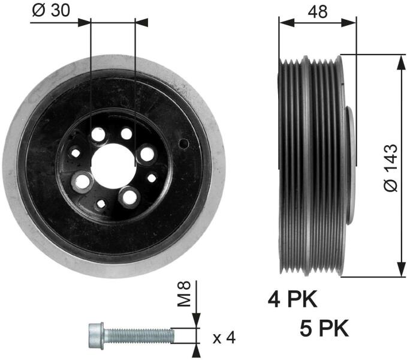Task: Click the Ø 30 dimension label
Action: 51,10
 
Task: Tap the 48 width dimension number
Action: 318,11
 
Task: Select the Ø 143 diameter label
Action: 391,168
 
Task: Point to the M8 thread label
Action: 184,293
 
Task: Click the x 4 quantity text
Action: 224,338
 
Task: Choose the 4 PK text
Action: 293,299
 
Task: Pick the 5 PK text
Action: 324,328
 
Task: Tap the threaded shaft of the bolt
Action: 139,335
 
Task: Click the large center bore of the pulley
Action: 113,166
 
